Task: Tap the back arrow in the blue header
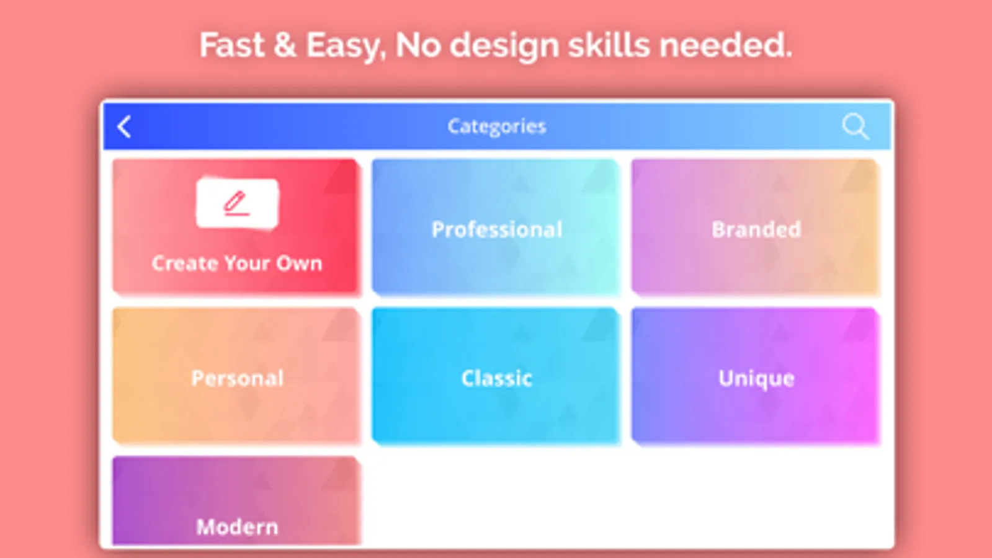(124, 127)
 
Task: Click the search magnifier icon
(855, 126)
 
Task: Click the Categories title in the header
(497, 126)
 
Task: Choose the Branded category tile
(755, 226)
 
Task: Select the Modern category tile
(236, 500)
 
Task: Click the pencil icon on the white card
(236, 203)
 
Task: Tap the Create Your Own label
(237, 263)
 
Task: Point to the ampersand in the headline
(285, 45)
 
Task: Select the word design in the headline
(504, 47)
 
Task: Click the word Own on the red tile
(300, 263)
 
